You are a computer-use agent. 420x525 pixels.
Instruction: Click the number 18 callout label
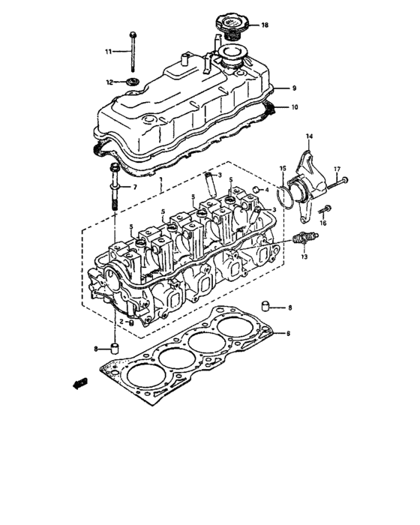(x=264, y=25)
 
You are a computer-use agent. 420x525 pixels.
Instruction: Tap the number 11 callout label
(x=108, y=51)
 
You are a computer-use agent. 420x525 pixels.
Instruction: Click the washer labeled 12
(x=133, y=80)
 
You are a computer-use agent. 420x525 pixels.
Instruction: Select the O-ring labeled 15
(x=283, y=197)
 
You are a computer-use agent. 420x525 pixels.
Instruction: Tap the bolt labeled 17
(x=338, y=180)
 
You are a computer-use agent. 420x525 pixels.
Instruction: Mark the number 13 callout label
(x=304, y=256)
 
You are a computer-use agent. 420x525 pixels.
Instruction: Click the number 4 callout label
(x=266, y=190)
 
